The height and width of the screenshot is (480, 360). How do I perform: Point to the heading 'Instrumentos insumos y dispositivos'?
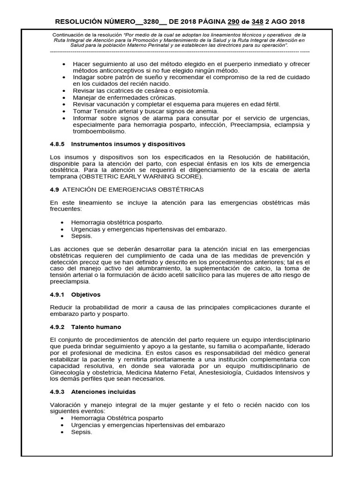click(128, 144)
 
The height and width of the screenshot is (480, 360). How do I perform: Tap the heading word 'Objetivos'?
click(86, 295)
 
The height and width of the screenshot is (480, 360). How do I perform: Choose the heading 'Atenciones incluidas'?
click(104, 391)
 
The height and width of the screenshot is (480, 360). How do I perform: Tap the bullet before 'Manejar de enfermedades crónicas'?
click(64, 97)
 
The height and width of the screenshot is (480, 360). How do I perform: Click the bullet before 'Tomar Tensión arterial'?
click(64, 111)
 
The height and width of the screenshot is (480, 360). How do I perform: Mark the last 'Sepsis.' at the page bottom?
click(82, 432)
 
